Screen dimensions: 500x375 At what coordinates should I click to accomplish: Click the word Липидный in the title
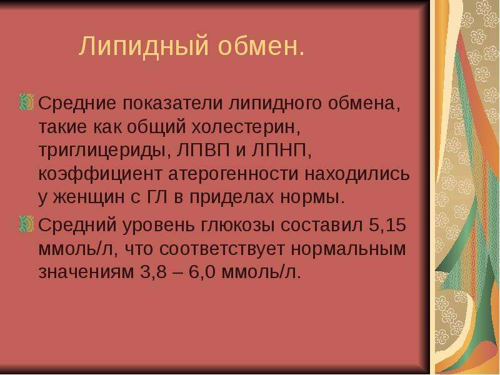[144, 46]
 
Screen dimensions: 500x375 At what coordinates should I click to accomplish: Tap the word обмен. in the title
[261, 46]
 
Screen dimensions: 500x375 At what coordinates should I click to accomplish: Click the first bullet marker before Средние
[26, 102]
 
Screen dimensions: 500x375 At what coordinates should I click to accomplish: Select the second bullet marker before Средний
[26, 224]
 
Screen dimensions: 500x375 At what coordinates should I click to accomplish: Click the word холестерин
[246, 127]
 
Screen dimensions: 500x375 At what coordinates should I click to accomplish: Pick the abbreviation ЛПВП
[203, 150]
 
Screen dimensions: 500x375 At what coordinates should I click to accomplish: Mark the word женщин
[89, 197]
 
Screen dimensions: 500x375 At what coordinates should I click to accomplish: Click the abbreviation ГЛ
[157, 197]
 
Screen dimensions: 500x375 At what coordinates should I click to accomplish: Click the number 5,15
[387, 224]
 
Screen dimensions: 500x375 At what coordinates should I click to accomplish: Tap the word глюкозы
[238, 226]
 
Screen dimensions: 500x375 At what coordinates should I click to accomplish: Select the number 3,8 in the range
[153, 272]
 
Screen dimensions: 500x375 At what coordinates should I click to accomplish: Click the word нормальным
[348, 249]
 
